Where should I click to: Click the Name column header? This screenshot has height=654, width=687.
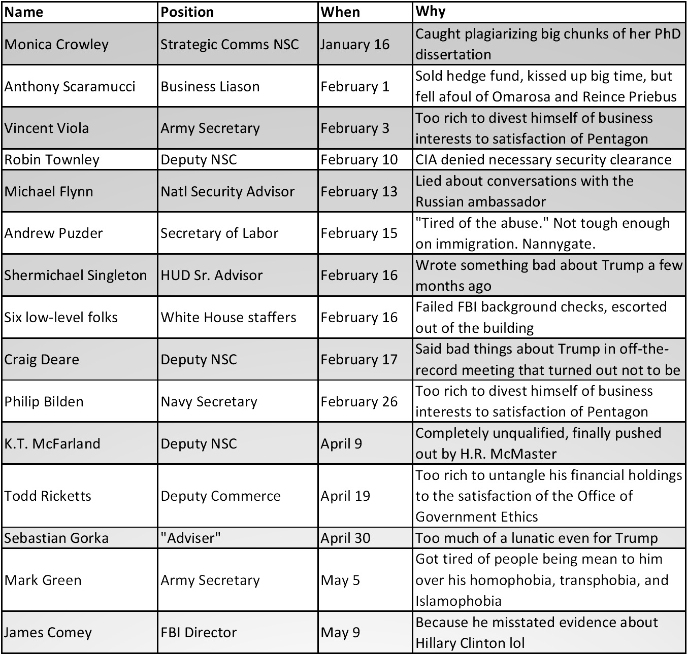click(24, 12)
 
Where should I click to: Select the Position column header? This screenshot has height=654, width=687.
click(187, 12)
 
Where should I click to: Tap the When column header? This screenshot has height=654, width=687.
click(340, 12)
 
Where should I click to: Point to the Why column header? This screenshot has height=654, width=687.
click(430, 11)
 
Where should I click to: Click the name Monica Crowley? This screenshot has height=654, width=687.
click(56, 44)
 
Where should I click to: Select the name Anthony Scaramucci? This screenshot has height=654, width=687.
click(70, 86)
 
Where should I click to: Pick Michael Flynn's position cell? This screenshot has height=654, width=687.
click(227, 191)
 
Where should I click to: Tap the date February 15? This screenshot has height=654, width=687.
click(358, 233)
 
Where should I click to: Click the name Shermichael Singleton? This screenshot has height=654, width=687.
click(75, 275)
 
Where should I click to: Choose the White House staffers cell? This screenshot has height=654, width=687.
click(228, 317)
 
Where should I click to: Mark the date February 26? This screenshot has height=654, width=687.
click(358, 401)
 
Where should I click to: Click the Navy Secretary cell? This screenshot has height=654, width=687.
click(209, 401)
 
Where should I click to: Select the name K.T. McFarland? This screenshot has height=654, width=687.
click(52, 443)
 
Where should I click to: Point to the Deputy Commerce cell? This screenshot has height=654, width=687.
click(220, 496)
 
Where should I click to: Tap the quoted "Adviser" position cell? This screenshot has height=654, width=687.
click(190, 538)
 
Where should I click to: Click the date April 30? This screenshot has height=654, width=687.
click(345, 538)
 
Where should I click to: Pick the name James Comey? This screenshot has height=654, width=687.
click(48, 632)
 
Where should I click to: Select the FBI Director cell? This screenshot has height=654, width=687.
click(199, 632)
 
